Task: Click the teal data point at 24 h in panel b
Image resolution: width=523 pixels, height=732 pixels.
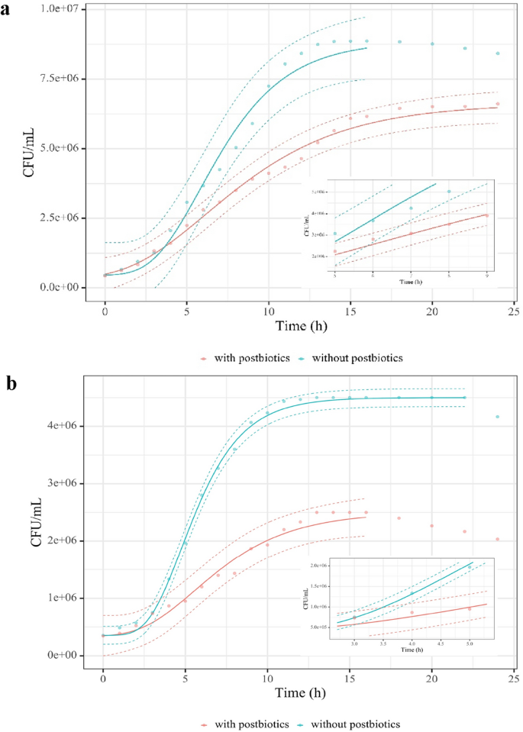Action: (x=498, y=417)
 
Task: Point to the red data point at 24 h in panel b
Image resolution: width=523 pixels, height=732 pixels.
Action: (x=498, y=539)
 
